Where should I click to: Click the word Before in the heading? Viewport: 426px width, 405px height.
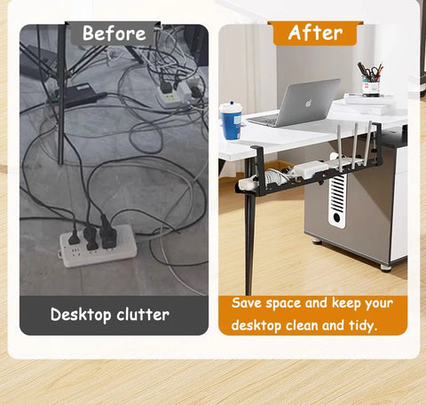tap(114, 34)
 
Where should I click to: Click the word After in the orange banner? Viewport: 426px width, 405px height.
tap(315, 33)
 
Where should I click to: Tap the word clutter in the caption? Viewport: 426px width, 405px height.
tap(143, 315)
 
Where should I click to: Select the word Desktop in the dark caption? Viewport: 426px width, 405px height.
tap(81, 315)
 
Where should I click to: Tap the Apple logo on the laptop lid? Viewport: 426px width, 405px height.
tap(310, 100)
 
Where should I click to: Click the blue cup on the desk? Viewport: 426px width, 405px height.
tap(231, 121)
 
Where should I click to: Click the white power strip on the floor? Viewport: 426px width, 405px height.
tap(98, 245)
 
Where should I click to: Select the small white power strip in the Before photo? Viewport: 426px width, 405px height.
tap(172, 88)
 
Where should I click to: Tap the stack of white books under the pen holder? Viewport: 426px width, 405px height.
tap(369, 99)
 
